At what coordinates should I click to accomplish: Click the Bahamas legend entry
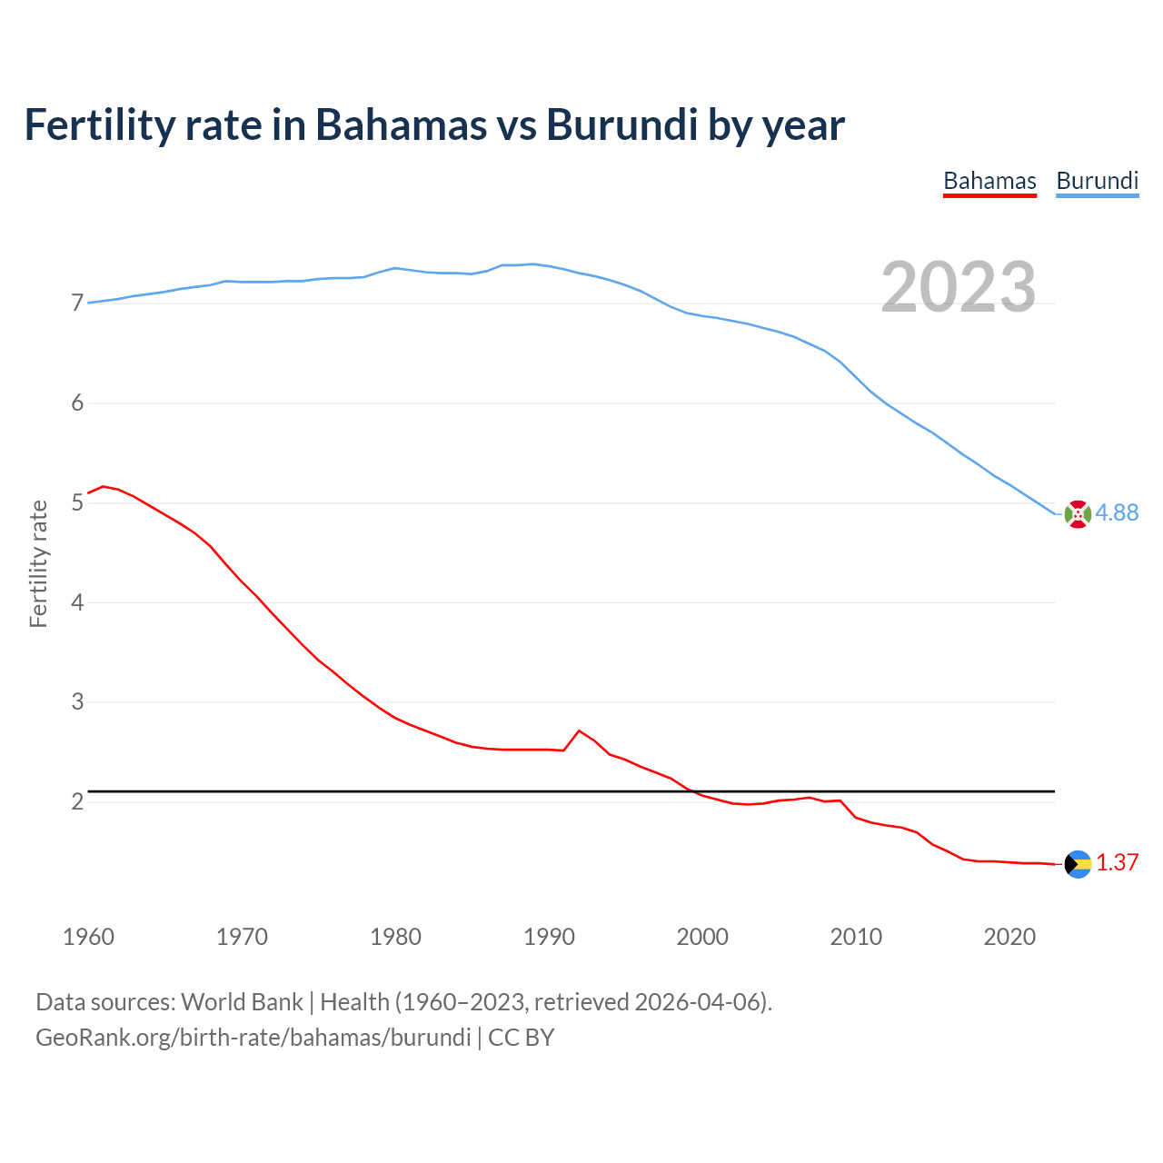tap(989, 182)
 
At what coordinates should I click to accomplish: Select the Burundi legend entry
tap(1097, 182)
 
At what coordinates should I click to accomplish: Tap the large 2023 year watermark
tap(958, 287)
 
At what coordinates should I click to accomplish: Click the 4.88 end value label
tap(1117, 513)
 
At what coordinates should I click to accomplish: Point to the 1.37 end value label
tap(1117, 863)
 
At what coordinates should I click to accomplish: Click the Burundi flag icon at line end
tap(1078, 514)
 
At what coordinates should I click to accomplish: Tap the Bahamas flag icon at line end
tap(1078, 864)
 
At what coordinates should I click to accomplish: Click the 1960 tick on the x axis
tap(88, 937)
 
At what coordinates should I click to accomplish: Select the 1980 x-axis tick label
tap(395, 937)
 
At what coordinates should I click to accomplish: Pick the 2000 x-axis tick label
tap(702, 937)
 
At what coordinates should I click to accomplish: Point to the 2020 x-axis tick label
tap(1009, 937)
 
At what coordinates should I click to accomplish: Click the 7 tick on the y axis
tap(77, 303)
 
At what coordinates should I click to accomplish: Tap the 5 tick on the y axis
tap(77, 502)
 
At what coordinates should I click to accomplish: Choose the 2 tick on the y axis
tap(77, 801)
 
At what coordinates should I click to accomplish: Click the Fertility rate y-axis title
tap(38, 563)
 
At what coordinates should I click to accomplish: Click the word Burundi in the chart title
tap(621, 125)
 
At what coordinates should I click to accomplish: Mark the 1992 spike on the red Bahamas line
tap(579, 731)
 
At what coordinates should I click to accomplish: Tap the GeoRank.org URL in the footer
tap(253, 1038)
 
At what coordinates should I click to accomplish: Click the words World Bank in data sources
tap(242, 1002)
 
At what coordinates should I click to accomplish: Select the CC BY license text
tap(521, 1038)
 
